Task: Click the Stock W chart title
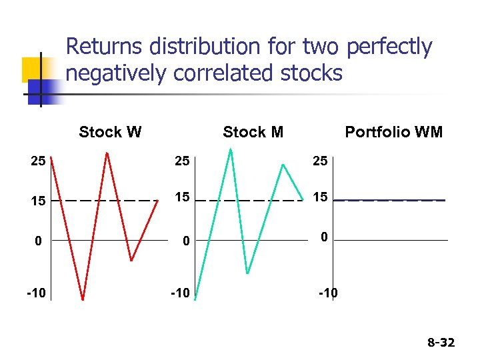(110, 131)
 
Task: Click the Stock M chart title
(253, 132)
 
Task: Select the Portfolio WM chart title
(393, 132)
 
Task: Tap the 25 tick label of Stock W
(38, 161)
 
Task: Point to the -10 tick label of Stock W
(36, 293)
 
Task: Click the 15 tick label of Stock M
(182, 198)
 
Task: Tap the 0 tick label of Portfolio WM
(323, 236)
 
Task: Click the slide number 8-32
(441, 343)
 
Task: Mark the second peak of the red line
(107, 153)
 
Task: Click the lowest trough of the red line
(82, 299)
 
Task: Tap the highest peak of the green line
(231, 149)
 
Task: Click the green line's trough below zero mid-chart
(247, 273)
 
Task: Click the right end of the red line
(158, 199)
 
